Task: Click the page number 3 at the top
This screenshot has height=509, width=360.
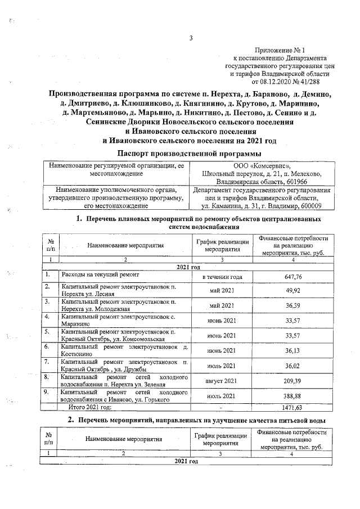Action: pyautogui.click(x=190, y=38)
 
